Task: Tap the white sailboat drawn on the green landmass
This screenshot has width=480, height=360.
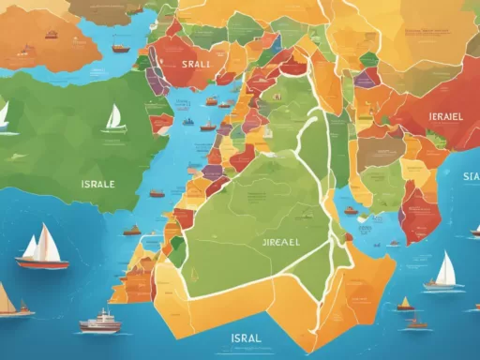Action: (114, 118)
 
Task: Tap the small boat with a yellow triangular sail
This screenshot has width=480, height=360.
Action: (405, 303)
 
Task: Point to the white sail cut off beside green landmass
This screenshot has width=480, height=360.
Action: (4, 114)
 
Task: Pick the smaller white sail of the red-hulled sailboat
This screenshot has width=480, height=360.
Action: (31, 247)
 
